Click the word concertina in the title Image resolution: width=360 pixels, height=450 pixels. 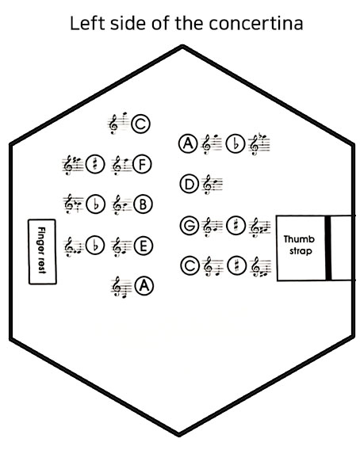255,23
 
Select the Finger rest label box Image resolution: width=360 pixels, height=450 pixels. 42,252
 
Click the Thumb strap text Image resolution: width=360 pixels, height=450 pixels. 299,245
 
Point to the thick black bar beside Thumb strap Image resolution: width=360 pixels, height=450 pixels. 328,248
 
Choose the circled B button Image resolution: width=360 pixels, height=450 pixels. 143,204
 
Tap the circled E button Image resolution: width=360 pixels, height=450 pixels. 143,246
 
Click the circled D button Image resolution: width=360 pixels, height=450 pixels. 190,184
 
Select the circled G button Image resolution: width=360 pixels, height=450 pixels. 190,225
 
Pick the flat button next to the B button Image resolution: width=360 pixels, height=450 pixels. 96,204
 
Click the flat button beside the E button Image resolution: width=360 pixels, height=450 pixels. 95,246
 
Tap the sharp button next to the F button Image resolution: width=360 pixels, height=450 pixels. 95,165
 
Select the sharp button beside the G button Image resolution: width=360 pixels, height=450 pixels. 236,225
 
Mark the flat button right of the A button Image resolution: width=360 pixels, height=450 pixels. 236,143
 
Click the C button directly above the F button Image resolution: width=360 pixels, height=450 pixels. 141,124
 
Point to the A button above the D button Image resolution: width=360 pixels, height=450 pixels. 188,143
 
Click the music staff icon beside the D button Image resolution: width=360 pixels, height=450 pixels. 213,185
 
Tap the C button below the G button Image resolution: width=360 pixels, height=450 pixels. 190,266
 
